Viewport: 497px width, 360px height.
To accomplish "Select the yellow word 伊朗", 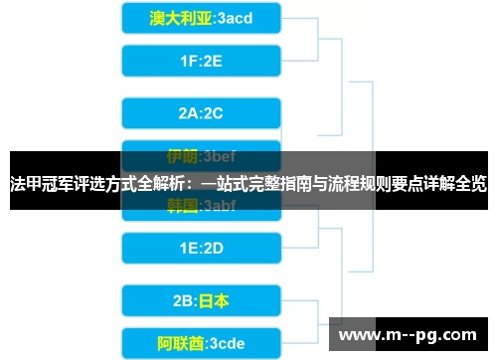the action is click(x=181, y=156).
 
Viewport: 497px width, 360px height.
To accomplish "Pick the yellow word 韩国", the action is click(x=181, y=206).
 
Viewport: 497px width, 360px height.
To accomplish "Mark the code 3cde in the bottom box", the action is click(x=224, y=344).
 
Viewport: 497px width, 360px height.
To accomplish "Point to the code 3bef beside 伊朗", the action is click(x=219, y=156).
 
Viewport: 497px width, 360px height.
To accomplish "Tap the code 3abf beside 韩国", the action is click(x=219, y=206).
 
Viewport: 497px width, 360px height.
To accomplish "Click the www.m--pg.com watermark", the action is click(x=408, y=334).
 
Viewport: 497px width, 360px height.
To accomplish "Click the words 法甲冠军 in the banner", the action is click(x=38, y=184).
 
